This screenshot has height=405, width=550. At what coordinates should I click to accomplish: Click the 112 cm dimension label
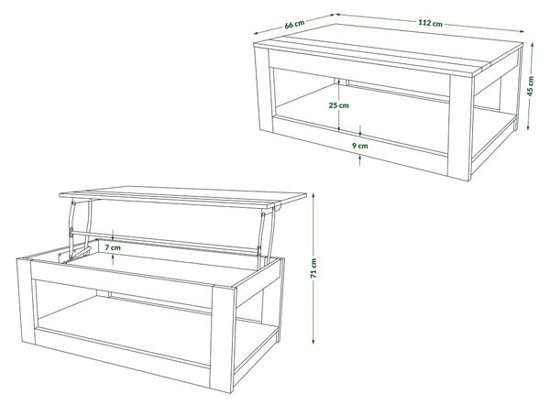(430, 23)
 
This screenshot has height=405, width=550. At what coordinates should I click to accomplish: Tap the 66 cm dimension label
(294, 24)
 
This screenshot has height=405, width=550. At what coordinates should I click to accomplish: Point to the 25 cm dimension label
(339, 104)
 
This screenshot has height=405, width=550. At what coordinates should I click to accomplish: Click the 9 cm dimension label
(360, 146)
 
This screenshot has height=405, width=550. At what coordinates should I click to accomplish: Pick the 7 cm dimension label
(113, 247)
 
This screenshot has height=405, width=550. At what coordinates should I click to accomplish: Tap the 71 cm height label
(313, 268)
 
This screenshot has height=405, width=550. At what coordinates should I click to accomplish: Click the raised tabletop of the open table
(182, 197)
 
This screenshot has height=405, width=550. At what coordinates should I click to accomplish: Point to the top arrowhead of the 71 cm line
(313, 196)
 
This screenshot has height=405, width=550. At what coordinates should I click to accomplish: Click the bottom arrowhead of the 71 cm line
(313, 341)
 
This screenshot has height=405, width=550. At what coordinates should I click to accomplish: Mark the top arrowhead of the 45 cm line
(532, 46)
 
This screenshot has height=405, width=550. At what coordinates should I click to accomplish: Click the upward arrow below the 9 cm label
(360, 160)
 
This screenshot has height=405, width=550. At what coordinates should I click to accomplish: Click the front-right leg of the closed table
(460, 127)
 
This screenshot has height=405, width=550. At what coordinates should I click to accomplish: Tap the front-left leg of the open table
(26, 301)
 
